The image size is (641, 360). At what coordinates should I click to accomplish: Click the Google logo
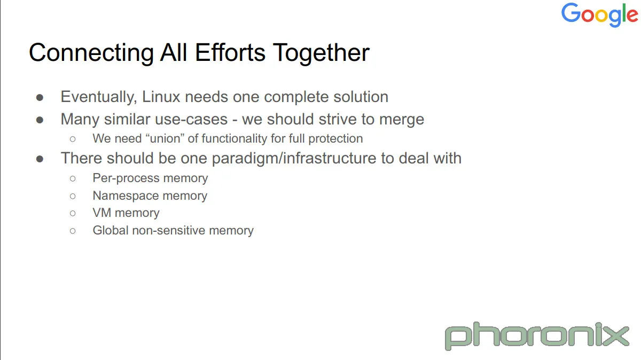tap(600, 14)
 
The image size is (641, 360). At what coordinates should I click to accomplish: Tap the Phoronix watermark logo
tap(537, 335)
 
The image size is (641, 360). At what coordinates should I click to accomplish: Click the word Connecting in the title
tap(91, 53)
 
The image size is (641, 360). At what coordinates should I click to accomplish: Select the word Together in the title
tap(321, 53)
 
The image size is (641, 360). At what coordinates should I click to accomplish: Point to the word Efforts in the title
tap(230, 52)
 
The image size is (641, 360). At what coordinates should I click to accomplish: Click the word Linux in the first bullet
tap(161, 97)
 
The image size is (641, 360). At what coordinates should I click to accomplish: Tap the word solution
tap(361, 97)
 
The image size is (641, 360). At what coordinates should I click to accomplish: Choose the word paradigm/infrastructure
tap(294, 159)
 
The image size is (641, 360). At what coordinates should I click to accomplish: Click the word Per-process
tap(126, 178)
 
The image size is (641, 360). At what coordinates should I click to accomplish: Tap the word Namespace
tap(126, 196)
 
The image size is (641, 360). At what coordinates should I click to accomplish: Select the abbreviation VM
tap(102, 213)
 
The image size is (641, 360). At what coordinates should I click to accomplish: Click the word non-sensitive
tap(169, 230)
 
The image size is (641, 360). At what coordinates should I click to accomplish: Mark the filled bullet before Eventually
tap(40, 98)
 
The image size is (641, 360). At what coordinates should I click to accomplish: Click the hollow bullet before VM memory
tap(73, 213)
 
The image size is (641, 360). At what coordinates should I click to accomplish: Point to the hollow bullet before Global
tap(73, 231)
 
